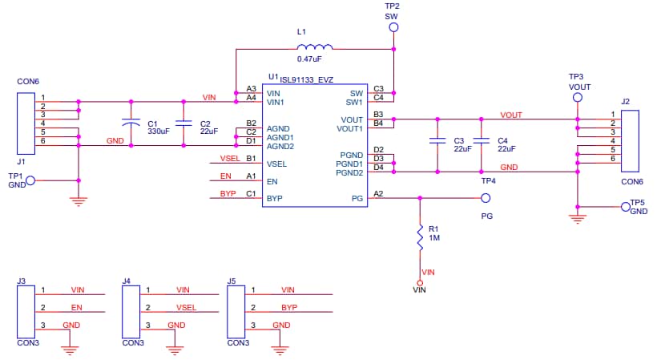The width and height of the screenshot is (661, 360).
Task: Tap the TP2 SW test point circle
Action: coord(393,28)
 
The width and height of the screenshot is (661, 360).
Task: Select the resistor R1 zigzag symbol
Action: coord(420,238)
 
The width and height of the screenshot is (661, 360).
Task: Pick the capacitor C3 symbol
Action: coord(437,141)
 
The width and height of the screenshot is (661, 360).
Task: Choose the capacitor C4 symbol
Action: coord(482,141)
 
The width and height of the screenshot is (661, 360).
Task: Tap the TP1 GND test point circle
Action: coord(30,180)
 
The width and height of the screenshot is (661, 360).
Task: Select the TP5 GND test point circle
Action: coord(625,207)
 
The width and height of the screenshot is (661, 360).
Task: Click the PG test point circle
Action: coord(485,197)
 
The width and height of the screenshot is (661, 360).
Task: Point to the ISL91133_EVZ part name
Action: coord(306,79)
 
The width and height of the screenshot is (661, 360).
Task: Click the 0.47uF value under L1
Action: coord(309,59)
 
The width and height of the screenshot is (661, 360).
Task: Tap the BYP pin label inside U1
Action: coord(274,198)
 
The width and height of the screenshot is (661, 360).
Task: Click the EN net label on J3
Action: coord(77,307)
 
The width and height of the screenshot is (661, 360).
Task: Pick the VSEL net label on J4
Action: coord(186,307)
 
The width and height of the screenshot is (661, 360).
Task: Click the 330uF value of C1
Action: coord(158,131)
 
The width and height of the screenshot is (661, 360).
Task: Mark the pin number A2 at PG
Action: coord(379,193)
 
